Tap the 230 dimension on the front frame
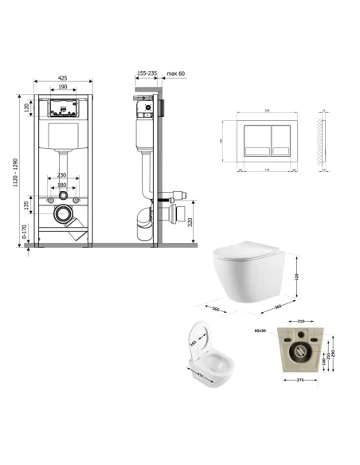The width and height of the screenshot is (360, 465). pos(61,176)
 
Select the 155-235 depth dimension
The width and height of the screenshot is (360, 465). pos(147,72)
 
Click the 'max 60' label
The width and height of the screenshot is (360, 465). pos(177,72)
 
